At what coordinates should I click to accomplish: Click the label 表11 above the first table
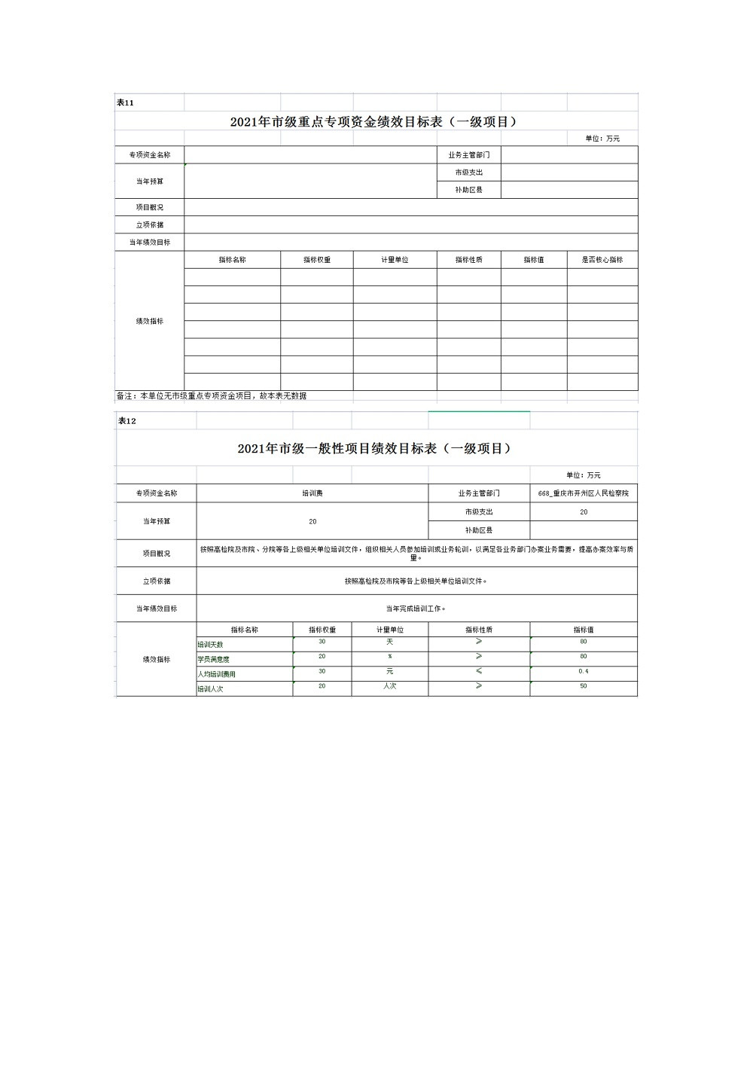pos(125,102)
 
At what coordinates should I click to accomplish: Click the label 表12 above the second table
pos(127,421)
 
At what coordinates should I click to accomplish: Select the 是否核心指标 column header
pos(602,260)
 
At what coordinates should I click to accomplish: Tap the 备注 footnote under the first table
pos(211,395)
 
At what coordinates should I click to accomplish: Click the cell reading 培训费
pos(312,493)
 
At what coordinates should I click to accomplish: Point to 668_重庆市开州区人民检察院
pos(583,493)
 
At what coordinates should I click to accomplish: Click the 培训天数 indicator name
pos(211,645)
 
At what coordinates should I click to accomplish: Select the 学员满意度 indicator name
pos(214,659)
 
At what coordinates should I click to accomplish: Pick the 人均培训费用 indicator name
pos(217,674)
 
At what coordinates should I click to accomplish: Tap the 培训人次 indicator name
pos(211,689)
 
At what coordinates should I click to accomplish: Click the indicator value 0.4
pos(584,671)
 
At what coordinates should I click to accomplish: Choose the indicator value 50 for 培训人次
pos(584,686)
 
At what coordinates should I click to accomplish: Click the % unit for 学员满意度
pos(390,657)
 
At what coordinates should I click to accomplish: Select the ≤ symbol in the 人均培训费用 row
pos(479,671)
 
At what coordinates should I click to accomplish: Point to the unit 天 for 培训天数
pos(390,642)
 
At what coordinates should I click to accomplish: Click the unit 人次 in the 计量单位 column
pos(390,686)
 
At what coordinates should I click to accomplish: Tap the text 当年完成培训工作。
pos(416,609)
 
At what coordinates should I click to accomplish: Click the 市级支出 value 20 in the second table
pos(584,512)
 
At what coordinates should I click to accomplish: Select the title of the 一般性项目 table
pos(376,448)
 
